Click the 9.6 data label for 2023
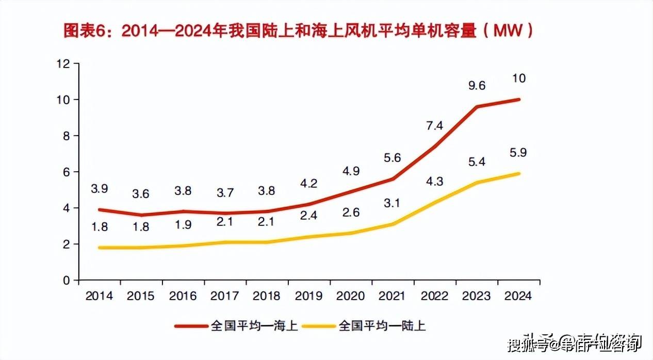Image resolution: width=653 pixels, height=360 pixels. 477,86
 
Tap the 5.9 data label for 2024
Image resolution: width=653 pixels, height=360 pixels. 518,153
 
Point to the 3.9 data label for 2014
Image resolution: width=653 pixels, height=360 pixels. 99,189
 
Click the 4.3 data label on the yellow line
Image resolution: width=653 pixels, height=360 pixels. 434,181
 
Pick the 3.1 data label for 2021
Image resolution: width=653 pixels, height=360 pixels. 393,203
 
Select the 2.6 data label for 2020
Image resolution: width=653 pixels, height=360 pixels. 350,212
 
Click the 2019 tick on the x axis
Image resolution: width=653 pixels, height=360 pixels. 308,296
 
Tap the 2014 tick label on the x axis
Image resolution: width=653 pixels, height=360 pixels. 99,296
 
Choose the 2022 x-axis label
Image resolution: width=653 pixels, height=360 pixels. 434,296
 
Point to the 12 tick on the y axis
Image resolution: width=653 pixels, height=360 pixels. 64,63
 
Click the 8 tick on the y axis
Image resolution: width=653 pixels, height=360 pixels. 67,136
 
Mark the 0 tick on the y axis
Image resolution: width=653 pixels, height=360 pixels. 67,281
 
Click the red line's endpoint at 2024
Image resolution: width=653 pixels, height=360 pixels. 518,100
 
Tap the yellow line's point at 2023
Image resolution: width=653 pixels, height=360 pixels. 477,183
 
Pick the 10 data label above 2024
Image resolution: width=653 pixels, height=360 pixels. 518,78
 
